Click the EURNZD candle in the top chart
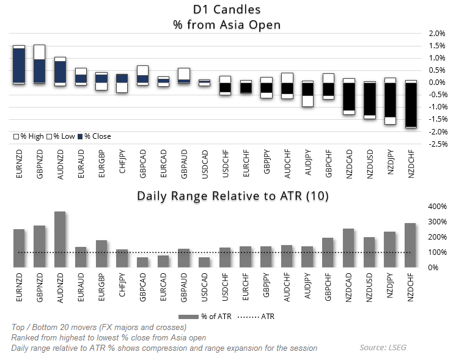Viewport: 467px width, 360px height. tap(19, 65)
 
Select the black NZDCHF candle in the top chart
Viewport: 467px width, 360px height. tap(411, 105)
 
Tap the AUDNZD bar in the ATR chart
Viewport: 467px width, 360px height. tap(60, 239)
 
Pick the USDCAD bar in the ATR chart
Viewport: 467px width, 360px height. tap(204, 262)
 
